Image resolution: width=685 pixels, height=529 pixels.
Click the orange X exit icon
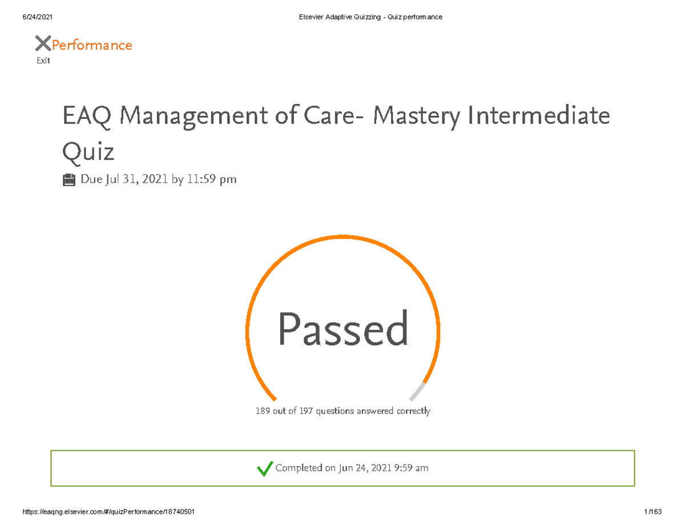[x=43, y=43]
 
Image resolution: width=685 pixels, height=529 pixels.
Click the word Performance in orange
[x=92, y=45]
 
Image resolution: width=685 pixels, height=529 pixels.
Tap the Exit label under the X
[x=43, y=60]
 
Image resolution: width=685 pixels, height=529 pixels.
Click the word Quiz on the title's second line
[x=88, y=152]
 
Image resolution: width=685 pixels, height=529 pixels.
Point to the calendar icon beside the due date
[x=68, y=180]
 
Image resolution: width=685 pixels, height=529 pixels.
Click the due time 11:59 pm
[x=211, y=180]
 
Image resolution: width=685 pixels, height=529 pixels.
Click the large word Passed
[x=343, y=329]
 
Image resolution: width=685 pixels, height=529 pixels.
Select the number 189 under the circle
[x=263, y=411]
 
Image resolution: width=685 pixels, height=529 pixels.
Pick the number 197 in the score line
[x=306, y=411]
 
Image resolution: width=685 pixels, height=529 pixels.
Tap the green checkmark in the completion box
[x=264, y=469]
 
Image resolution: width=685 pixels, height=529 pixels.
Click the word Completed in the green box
[x=299, y=469]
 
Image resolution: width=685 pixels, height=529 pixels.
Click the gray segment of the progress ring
[x=418, y=391]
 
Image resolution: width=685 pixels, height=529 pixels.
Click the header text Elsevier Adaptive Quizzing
[x=335, y=17]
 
